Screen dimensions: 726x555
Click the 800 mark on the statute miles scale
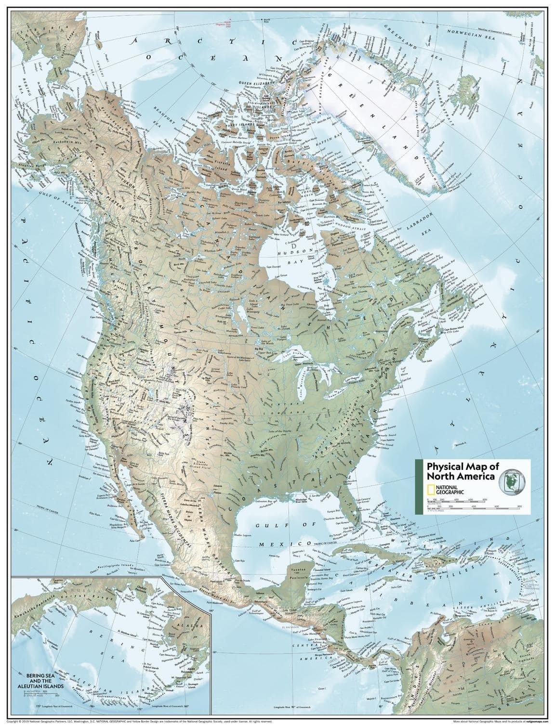click(x=519, y=506)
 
